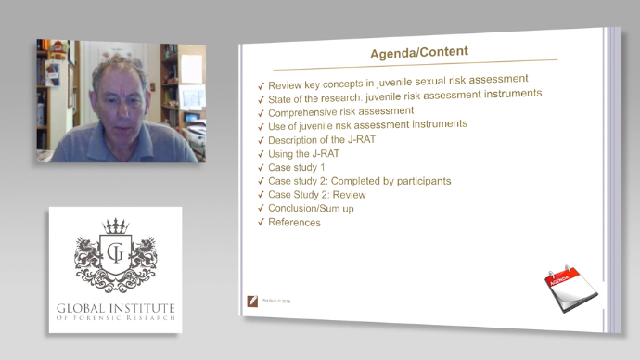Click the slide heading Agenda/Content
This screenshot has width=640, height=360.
pyautogui.click(x=419, y=51)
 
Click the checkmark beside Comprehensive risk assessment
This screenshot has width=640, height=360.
pyautogui.click(x=262, y=112)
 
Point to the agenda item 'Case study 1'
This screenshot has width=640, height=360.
pyautogui.click(x=298, y=167)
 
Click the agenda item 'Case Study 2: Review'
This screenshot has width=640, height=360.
pyautogui.click(x=316, y=195)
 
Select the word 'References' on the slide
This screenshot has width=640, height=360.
pyautogui.click(x=294, y=223)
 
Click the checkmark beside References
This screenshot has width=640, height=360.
pyautogui.click(x=262, y=224)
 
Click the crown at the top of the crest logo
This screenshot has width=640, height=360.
pyautogui.click(x=115, y=226)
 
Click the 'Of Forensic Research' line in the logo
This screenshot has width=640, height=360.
pyautogui.click(x=115, y=324)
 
